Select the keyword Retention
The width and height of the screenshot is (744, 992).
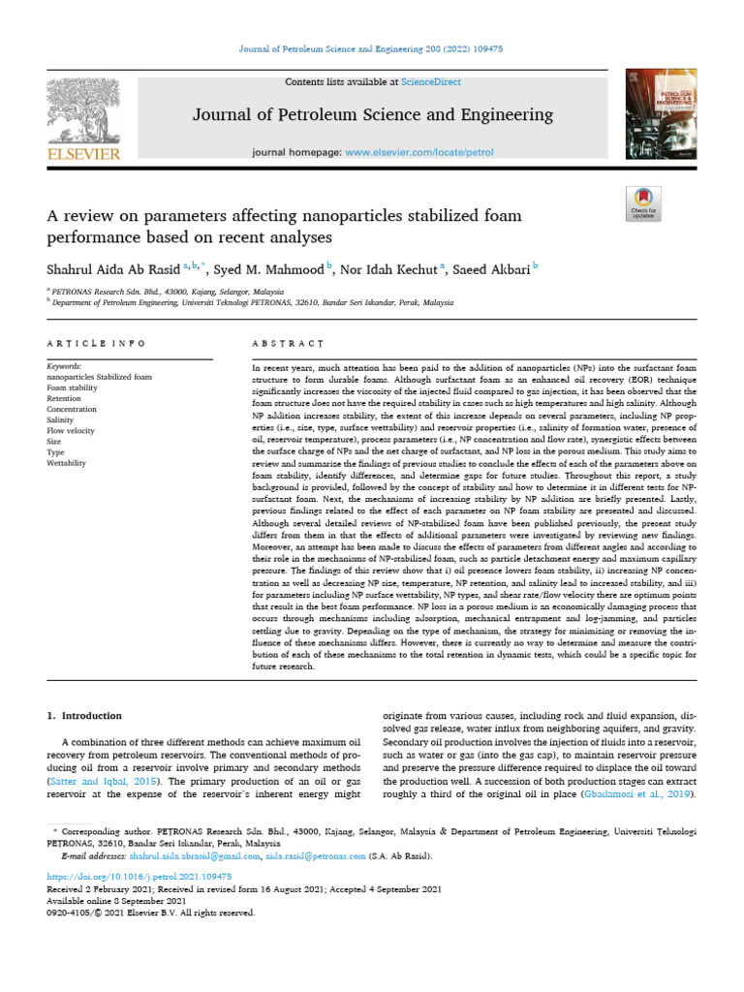pos(65,398)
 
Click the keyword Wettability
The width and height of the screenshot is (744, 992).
pos(67,463)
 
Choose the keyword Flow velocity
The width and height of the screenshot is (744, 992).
pos(71,431)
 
